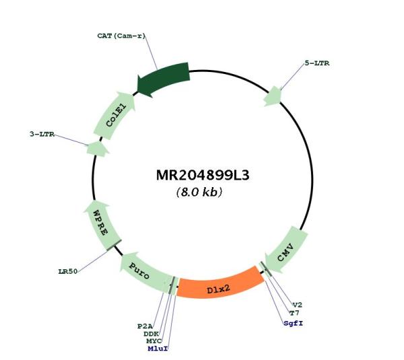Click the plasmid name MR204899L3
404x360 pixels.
pos(203,176)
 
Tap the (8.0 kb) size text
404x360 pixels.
pos(199,192)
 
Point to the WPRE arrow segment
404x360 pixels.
pos(102,225)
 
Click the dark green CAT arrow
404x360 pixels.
pos(163,79)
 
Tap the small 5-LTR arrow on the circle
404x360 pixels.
pos(272,97)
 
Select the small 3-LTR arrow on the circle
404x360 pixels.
pos(97,149)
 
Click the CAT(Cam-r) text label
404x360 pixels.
pos(121,36)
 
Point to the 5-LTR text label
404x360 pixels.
pos(317,63)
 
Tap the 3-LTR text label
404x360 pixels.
pos(42,134)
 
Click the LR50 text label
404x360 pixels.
pos(68,271)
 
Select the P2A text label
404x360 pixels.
pos(145,326)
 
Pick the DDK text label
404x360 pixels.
pos(151,334)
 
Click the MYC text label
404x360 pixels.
pos(154,341)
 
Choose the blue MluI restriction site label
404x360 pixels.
pos(158,349)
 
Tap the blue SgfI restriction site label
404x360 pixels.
pos(293,323)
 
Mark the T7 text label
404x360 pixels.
pos(294,313)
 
